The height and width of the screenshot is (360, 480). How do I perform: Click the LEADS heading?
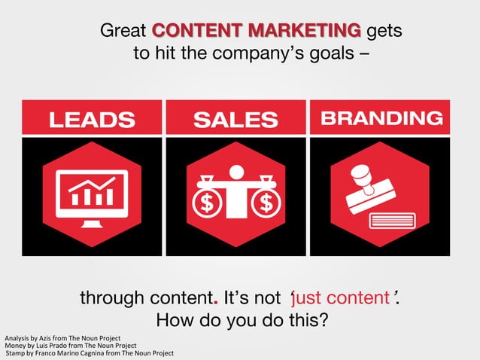tap(92, 119)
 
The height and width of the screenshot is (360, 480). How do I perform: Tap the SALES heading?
tap(235, 119)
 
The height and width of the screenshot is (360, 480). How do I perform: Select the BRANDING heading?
tap(381, 118)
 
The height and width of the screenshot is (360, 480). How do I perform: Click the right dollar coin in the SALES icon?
tap(265, 203)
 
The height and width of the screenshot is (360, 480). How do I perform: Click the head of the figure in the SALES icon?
tap(236, 172)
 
